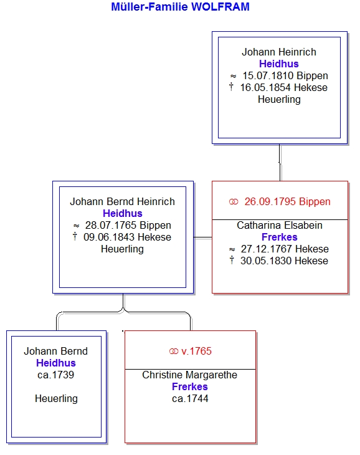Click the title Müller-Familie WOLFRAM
coord(180,7)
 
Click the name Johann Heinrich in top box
coord(279,52)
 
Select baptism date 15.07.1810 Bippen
coord(285,76)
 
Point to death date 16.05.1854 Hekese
coord(284,87)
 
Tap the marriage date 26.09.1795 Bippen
coord(287,201)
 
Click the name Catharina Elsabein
coord(280,225)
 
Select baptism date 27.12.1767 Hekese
coord(285,249)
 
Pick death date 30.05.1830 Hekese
coord(284,261)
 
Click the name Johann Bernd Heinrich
coord(122,201)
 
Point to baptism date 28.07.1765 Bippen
coord(128,225)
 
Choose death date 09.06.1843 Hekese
coord(127,237)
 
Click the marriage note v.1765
coord(196,351)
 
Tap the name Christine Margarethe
coord(189,375)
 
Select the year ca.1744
coord(190,398)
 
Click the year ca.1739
coord(55,375)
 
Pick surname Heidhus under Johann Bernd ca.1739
coord(56,363)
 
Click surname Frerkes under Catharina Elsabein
coord(280,237)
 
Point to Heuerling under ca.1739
coord(56,399)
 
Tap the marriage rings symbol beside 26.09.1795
coord(234,201)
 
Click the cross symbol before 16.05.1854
coord(231,87)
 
